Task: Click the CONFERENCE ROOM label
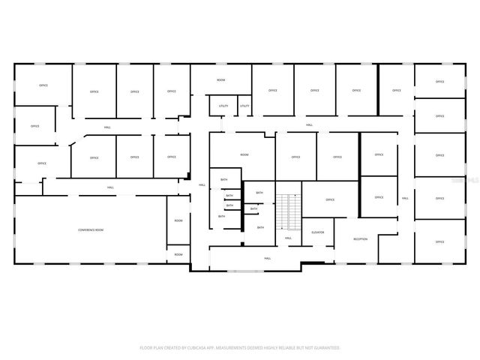91,229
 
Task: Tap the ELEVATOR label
318,232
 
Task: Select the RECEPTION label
361,239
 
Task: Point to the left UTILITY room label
223,106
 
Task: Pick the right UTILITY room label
244,106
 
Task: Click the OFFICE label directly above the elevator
329,199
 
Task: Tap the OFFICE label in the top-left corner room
43,85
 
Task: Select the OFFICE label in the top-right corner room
439,81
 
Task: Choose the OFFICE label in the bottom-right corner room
439,241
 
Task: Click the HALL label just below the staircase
288,238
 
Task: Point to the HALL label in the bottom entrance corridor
267,258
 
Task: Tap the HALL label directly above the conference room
110,187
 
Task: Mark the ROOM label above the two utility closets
221,79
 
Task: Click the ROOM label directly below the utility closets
244,154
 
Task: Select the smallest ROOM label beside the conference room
178,254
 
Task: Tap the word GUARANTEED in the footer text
326,347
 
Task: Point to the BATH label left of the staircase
259,193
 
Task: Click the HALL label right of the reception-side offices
405,198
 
